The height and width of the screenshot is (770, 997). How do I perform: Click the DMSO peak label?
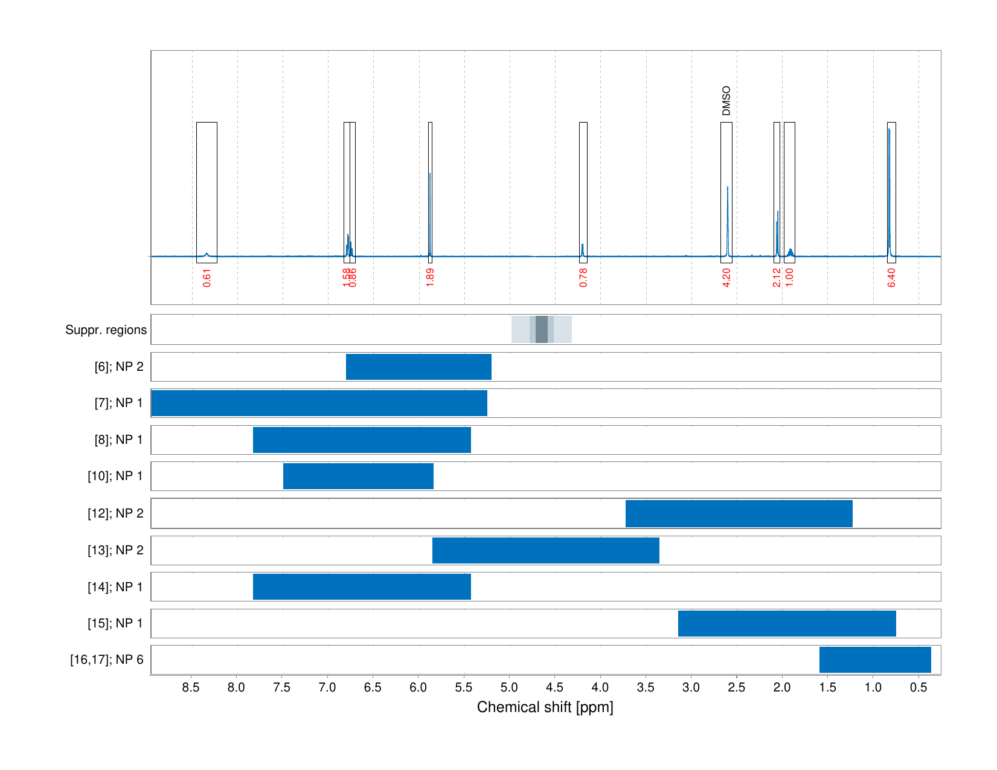point(726,101)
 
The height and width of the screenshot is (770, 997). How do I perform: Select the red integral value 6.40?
point(891,277)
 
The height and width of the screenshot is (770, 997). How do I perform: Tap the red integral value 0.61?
point(207,277)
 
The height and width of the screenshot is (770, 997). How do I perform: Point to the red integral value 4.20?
point(726,277)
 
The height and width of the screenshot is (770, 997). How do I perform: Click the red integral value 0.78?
point(583,277)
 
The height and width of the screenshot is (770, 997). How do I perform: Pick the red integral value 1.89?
point(430,277)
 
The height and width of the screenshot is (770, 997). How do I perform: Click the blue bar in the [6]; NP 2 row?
point(418,367)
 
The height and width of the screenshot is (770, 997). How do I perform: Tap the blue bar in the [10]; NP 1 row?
point(358,476)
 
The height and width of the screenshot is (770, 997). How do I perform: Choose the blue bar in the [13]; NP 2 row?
point(546,550)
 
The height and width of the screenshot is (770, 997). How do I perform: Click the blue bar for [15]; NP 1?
point(787,623)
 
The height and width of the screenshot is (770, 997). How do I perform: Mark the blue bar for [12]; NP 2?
point(739,513)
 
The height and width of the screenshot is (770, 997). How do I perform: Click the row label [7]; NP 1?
point(119,403)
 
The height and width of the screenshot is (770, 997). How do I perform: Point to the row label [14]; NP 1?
point(115,587)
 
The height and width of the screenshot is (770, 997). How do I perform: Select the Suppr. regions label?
point(106,330)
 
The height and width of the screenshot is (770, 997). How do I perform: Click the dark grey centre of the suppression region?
point(542,329)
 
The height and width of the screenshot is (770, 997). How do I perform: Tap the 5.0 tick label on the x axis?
point(510,687)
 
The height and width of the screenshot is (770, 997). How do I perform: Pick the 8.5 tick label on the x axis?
point(191,687)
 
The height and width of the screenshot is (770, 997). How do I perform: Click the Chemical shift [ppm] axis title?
point(545,707)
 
